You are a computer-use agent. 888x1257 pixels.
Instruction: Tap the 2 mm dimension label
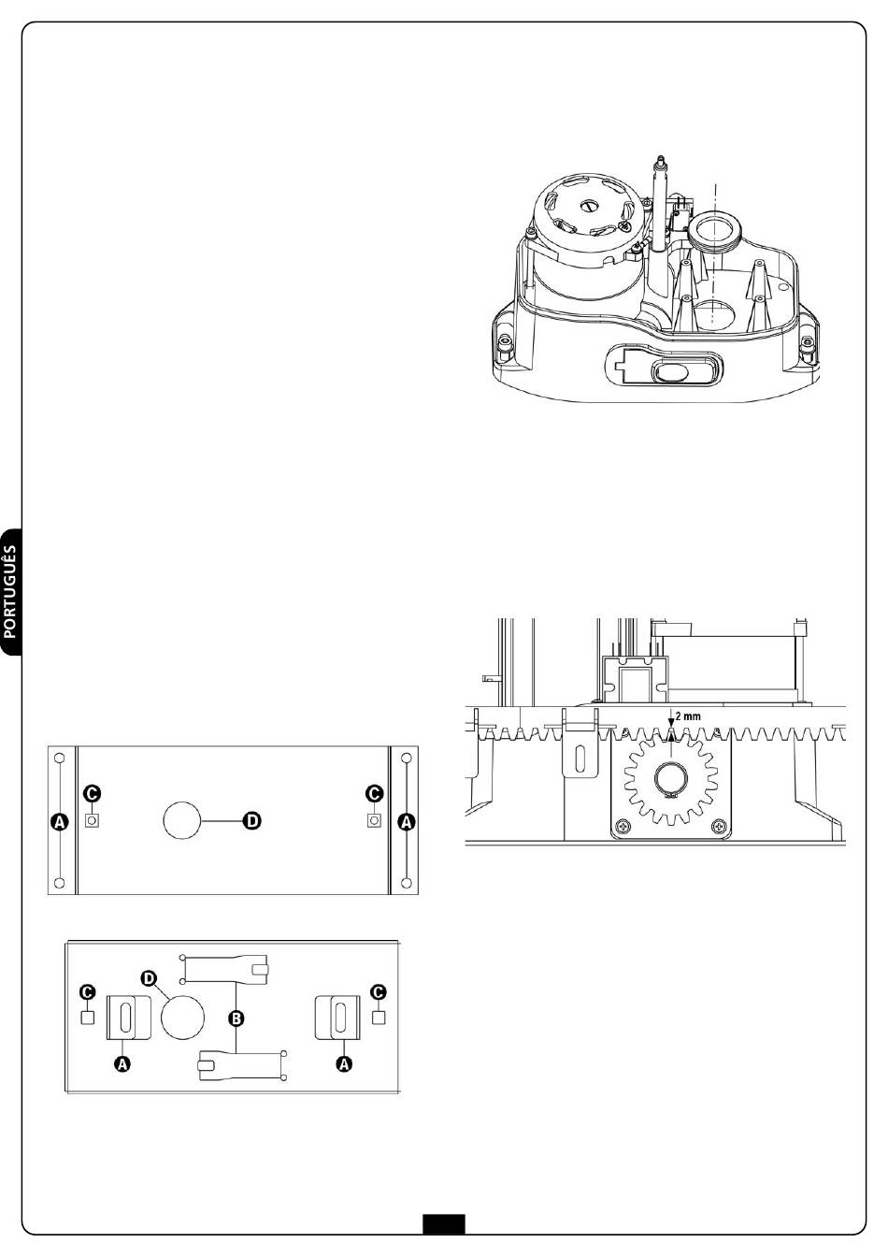(689, 716)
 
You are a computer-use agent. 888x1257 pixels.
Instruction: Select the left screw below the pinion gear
(621, 827)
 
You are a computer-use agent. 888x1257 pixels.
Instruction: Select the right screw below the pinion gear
(718, 827)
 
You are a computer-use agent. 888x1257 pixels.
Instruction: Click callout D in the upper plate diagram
(251, 820)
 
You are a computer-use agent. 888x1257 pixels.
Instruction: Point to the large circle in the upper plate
(182, 820)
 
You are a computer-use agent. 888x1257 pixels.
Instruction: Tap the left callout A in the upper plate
(60, 821)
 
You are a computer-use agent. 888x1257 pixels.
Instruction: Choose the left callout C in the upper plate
(92, 793)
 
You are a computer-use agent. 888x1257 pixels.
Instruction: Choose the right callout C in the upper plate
(374, 793)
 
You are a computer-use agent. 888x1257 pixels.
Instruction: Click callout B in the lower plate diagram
(236, 1017)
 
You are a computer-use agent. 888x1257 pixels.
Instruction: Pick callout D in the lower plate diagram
(147, 977)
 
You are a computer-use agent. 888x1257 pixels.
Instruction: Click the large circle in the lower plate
(182, 1015)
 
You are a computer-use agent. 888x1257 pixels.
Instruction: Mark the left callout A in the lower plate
(122, 1063)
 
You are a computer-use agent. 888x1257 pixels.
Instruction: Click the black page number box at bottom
(443, 1224)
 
